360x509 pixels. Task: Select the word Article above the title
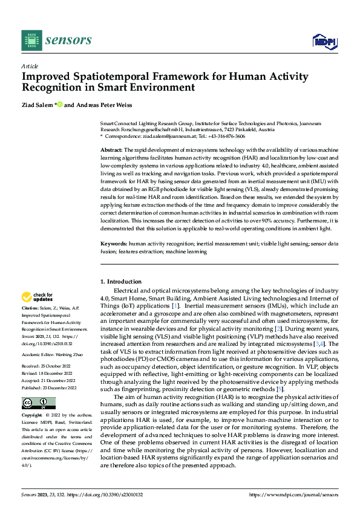pyautogui.click(x=29, y=66)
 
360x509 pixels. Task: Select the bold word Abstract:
pyautogui.click(x=111, y=149)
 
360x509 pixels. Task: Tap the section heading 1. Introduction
pyautogui.click(x=121, y=282)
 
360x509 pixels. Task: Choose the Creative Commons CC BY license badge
pyautogui.click(x=38, y=403)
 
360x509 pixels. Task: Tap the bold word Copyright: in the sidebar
pyautogui.click(x=34, y=416)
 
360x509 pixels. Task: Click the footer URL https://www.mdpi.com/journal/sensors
pyautogui.click(x=293, y=494)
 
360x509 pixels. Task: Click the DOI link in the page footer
pyautogui.click(x=108, y=494)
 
